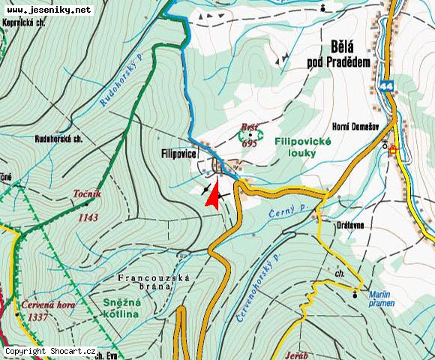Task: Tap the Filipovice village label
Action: point(178,153)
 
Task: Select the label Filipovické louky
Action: point(295,147)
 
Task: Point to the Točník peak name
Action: point(88,193)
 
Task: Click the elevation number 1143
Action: point(88,217)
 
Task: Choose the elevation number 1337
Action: point(38,317)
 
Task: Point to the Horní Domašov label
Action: point(355,127)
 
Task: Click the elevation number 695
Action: point(250,143)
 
